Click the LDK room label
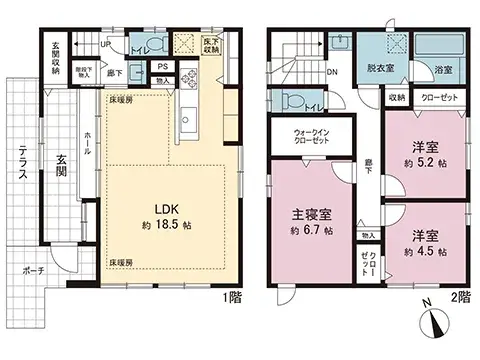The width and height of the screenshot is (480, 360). click(x=165, y=208)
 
